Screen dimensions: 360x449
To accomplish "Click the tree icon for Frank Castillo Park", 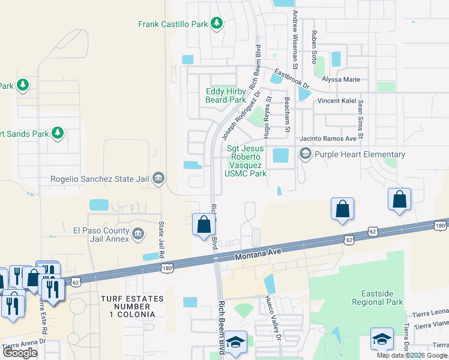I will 217,24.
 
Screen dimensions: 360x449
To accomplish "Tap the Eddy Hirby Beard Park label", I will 226,95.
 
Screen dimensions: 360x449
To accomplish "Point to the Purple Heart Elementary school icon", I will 305,154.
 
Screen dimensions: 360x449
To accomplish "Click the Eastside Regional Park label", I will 378,298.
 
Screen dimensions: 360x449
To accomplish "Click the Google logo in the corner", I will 20,353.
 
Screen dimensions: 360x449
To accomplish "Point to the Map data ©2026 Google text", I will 412,355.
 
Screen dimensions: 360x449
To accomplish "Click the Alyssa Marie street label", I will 340,79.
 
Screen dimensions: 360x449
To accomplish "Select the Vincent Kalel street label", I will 337,101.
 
